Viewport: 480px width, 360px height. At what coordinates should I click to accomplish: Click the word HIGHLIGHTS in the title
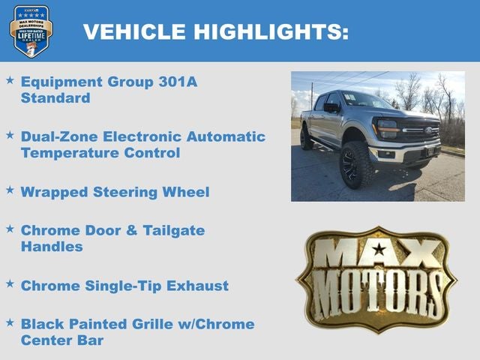pos(271,31)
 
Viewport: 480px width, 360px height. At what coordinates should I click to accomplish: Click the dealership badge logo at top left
pos(31,31)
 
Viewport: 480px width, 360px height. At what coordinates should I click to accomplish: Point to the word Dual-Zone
pos(58,136)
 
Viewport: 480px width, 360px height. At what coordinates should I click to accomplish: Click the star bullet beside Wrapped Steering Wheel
pos(10,190)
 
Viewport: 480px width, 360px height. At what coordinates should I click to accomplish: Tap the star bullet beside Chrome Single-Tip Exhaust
pos(10,284)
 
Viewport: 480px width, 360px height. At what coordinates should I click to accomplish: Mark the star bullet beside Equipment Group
pos(10,79)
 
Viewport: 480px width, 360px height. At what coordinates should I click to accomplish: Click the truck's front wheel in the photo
pos(355,165)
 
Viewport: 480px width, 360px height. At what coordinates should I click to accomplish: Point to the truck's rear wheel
pos(306,138)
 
